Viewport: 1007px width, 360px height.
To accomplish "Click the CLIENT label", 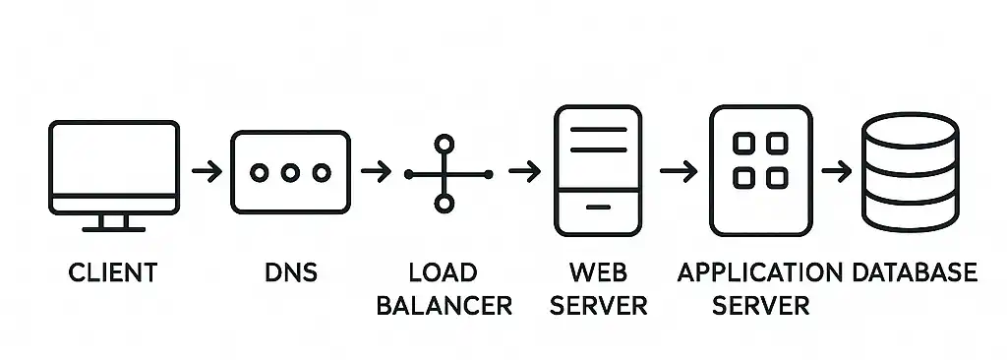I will (113, 271).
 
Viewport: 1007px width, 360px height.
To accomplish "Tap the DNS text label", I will (290, 271).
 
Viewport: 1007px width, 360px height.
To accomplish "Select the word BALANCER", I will (444, 304).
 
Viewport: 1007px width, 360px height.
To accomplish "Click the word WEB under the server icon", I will (598, 271).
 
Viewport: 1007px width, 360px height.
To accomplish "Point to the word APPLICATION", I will (760, 271).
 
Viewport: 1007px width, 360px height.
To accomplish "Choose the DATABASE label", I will (915, 271).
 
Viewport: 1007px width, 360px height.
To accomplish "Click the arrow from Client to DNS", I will (207, 172).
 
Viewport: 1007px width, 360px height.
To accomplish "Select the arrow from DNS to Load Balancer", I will (376, 172).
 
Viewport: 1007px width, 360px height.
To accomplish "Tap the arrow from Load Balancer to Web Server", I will (524, 172).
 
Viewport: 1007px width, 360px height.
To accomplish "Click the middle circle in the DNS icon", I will (289, 172).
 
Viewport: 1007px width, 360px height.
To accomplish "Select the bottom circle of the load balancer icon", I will (444, 204).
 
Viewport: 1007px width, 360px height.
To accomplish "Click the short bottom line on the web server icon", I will (598, 209).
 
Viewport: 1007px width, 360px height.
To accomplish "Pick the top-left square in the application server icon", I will (745, 145).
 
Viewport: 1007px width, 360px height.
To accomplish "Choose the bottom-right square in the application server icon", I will (777, 178).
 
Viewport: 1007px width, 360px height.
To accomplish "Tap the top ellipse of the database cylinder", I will (910, 131).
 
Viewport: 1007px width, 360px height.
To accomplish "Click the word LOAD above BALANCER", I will (444, 271).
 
